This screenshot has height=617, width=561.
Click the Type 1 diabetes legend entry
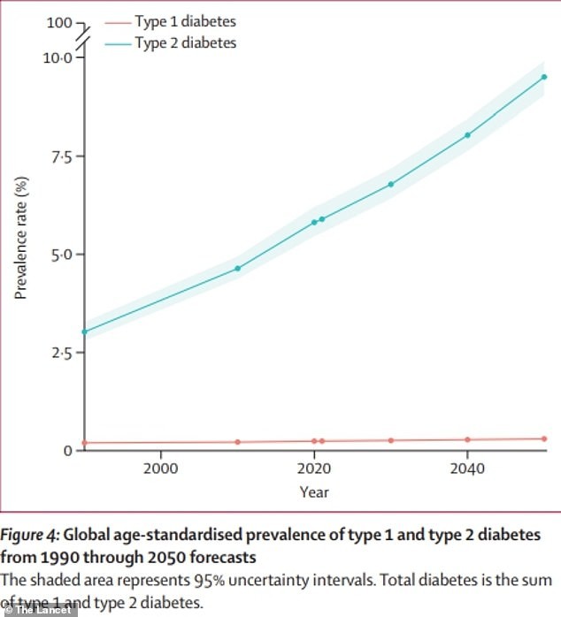point(185,20)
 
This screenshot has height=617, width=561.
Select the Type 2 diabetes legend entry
point(185,42)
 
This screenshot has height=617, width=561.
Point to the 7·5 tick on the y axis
point(59,156)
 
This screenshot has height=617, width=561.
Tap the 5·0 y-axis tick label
point(59,255)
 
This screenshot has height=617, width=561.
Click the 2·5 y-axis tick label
point(59,353)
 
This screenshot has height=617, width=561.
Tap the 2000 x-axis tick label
point(160,468)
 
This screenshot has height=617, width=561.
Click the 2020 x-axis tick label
point(313,468)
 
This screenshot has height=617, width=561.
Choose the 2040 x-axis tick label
point(467,468)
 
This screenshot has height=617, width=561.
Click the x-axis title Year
point(313,491)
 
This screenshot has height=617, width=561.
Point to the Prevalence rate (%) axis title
point(21,238)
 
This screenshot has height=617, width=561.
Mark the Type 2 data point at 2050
point(544,77)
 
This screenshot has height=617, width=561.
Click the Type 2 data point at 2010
point(237,268)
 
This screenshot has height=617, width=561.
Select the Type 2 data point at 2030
point(390,184)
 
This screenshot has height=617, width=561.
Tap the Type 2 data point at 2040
point(467,135)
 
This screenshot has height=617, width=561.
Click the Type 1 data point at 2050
point(544,438)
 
